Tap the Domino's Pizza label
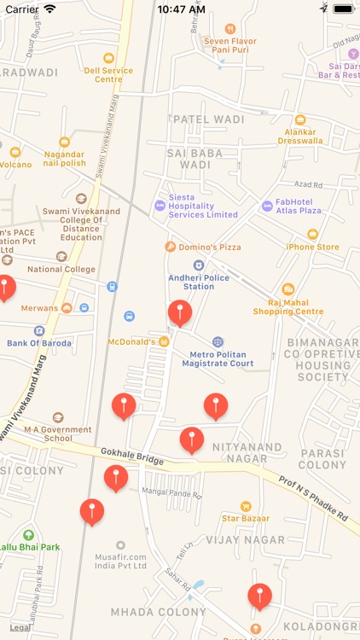(x=203, y=247)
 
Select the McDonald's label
(x=131, y=341)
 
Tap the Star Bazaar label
(x=246, y=517)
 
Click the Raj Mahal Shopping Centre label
(x=288, y=306)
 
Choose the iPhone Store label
(x=312, y=247)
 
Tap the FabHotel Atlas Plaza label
(x=298, y=206)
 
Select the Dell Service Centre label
(x=107, y=74)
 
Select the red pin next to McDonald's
(x=179, y=311)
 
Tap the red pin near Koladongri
(x=259, y=595)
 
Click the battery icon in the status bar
(x=343, y=9)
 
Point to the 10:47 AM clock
(x=182, y=9)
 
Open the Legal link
(x=20, y=627)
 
